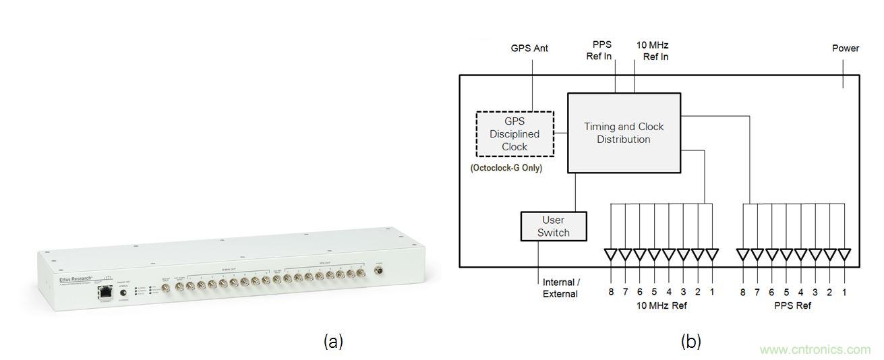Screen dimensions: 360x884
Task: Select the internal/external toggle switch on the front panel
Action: click(123, 293)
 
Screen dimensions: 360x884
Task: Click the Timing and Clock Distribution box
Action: click(623, 133)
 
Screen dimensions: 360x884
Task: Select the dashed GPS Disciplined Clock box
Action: click(514, 134)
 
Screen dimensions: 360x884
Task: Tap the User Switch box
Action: click(553, 227)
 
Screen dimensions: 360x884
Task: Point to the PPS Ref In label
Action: click(598, 51)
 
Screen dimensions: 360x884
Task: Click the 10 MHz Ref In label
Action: click(653, 51)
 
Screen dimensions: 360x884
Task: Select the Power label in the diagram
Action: click(845, 49)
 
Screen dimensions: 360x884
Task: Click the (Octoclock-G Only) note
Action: click(506, 168)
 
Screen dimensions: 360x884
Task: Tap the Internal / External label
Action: click(560, 288)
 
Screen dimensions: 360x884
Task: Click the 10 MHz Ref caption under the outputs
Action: click(661, 305)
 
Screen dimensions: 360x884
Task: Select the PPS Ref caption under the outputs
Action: click(793, 305)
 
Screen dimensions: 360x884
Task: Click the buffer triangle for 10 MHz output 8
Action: click(610, 255)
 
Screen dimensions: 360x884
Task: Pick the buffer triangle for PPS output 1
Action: click(844, 255)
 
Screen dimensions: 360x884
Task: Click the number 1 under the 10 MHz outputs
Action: click(712, 293)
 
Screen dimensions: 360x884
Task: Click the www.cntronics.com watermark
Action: click(815, 350)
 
